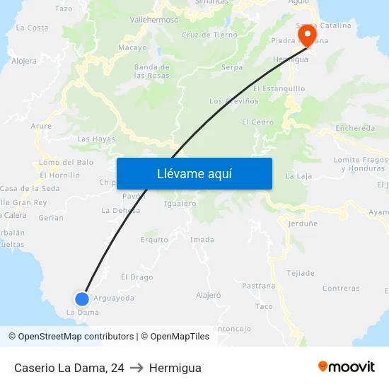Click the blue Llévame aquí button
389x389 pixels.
pos(194,173)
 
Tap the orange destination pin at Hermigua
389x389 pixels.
pos(307,35)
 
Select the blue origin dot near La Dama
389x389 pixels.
pos(82,298)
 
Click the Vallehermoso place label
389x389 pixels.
pos(154,20)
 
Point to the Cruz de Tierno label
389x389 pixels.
pos(209,35)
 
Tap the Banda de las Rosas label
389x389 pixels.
pos(151,71)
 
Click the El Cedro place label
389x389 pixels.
pos(257,122)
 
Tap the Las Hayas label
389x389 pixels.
pos(95,139)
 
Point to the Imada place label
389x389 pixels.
pos(202,240)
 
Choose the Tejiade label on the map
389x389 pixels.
pos(300,273)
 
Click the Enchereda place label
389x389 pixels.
pos(355,128)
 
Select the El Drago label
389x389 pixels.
pos(137,277)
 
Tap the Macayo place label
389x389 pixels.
pos(132,48)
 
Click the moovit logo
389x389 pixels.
pos(346,367)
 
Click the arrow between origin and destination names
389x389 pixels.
pos(137,368)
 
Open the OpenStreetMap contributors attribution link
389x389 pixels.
pos(70,337)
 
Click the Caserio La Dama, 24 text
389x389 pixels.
pos(69,368)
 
